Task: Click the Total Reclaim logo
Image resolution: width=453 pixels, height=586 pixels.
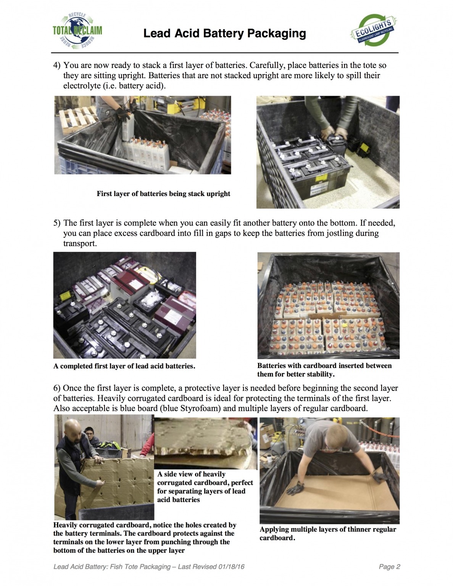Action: (x=77, y=31)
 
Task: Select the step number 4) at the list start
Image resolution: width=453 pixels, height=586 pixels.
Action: (x=57, y=66)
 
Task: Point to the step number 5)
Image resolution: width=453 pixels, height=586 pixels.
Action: (x=57, y=223)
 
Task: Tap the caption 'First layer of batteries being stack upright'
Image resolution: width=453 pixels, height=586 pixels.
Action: (x=163, y=194)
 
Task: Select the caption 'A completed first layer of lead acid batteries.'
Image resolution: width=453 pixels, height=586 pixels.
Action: (x=124, y=366)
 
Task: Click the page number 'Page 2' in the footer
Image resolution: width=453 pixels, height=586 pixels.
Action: (x=389, y=567)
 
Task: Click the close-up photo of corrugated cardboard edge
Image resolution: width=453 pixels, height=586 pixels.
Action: (x=206, y=443)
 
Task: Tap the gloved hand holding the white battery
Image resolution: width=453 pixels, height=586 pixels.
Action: (x=124, y=113)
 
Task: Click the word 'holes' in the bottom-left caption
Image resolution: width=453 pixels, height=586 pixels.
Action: (x=192, y=525)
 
